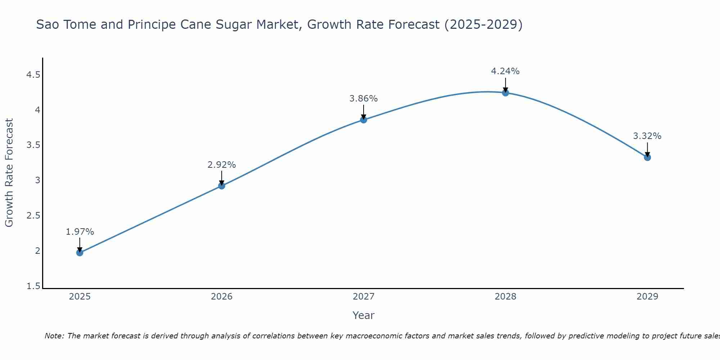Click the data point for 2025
[x=80, y=253]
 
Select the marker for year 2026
[x=221, y=186]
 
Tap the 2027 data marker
[x=364, y=120]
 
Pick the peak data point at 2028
[x=505, y=93]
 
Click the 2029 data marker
[x=647, y=157]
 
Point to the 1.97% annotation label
[x=80, y=232]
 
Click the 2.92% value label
[x=221, y=165]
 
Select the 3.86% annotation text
[x=364, y=99]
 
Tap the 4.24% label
[x=505, y=71]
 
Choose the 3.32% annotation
[x=647, y=136]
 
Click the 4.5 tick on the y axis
[x=33, y=75]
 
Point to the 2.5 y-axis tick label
[x=33, y=216]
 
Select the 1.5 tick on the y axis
[x=33, y=286]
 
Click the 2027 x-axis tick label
[x=364, y=297]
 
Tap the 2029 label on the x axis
[x=647, y=297]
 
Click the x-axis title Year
[x=364, y=315]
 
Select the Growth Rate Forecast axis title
[x=9, y=173]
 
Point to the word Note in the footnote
[x=54, y=336]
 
